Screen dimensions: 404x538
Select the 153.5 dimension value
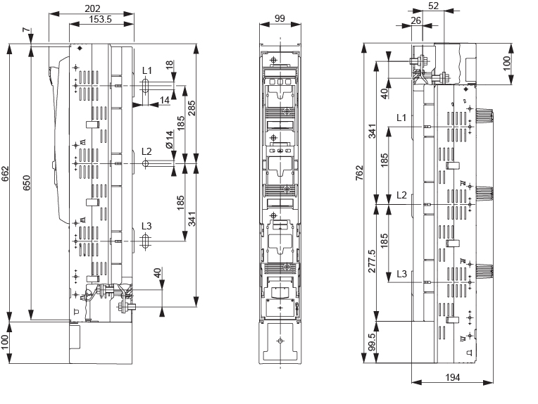(x=101, y=18)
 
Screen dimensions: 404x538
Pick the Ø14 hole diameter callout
(x=170, y=139)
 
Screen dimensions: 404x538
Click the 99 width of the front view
(x=280, y=18)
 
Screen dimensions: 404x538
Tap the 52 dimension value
(x=434, y=6)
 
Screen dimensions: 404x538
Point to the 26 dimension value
(x=416, y=20)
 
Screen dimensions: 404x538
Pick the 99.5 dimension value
(x=372, y=342)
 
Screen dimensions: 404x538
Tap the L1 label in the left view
(x=146, y=70)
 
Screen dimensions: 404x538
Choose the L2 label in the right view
(x=401, y=194)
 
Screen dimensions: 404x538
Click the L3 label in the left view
(x=146, y=226)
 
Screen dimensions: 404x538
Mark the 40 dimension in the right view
(x=384, y=91)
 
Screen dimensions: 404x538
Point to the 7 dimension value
(x=26, y=31)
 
